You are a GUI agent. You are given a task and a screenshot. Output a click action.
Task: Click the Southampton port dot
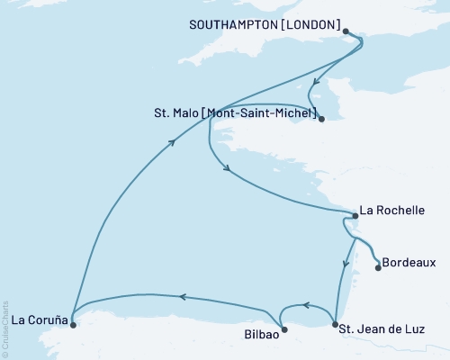coord(347,31)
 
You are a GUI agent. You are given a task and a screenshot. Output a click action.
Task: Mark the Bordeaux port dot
coord(378,267)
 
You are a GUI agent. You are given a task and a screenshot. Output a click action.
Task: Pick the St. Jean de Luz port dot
coord(335,324)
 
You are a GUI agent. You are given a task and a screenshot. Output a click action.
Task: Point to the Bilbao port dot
coord(284,329)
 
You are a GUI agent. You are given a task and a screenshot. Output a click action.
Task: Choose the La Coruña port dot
coord(73,325)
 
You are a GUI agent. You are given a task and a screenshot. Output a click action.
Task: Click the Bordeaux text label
coord(410,264)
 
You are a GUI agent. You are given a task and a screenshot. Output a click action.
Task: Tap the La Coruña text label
coord(38,318)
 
